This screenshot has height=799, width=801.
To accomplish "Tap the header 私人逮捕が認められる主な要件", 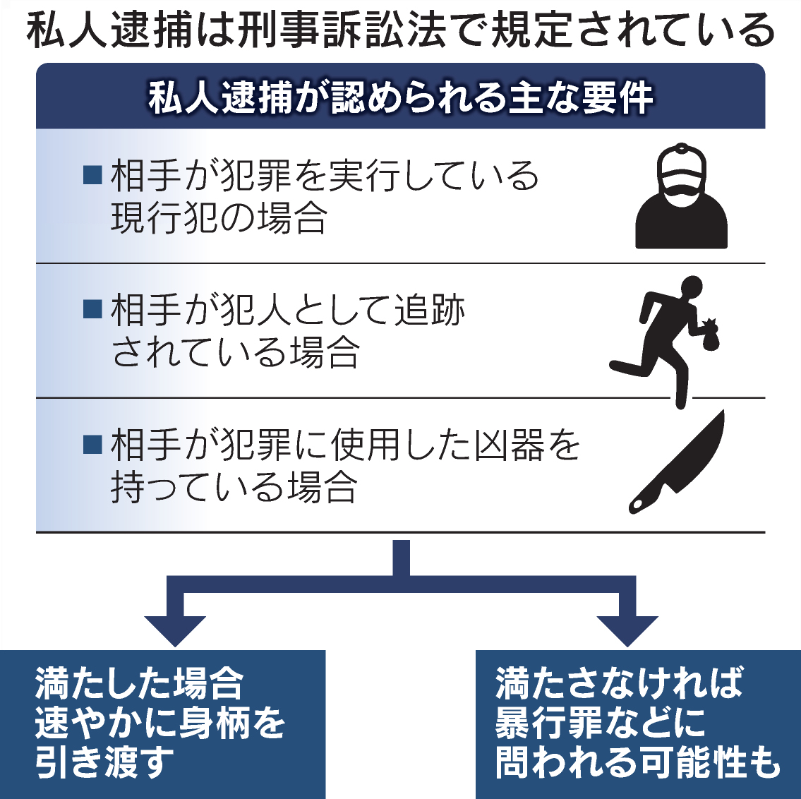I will tap(400, 97).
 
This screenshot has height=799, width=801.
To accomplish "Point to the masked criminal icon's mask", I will tap(680, 192).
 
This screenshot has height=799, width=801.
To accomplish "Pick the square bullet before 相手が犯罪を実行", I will tap(92, 174).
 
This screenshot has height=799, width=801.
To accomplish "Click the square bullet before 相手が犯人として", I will tap(92, 308).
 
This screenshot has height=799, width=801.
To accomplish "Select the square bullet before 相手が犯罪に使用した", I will tap(92, 443).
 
